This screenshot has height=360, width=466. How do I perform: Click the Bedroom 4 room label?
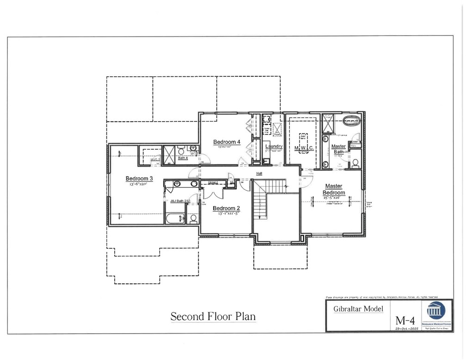(227, 142)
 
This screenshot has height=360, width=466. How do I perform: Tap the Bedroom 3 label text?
(139, 178)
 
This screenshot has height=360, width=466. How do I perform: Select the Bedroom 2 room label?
(227, 208)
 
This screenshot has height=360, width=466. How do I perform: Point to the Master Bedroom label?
(334, 189)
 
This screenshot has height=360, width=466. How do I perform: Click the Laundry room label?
(274, 147)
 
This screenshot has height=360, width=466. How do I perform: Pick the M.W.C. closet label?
(304, 148)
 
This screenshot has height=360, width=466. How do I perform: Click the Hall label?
(260, 174)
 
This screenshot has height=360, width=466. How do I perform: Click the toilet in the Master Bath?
(355, 163)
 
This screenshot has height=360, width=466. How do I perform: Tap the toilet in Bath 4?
(182, 151)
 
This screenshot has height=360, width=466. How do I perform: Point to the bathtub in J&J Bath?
(176, 218)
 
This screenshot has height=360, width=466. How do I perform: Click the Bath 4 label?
(183, 159)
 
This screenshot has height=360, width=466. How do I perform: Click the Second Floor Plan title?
(213, 317)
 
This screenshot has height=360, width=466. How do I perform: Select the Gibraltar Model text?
(358, 308)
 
